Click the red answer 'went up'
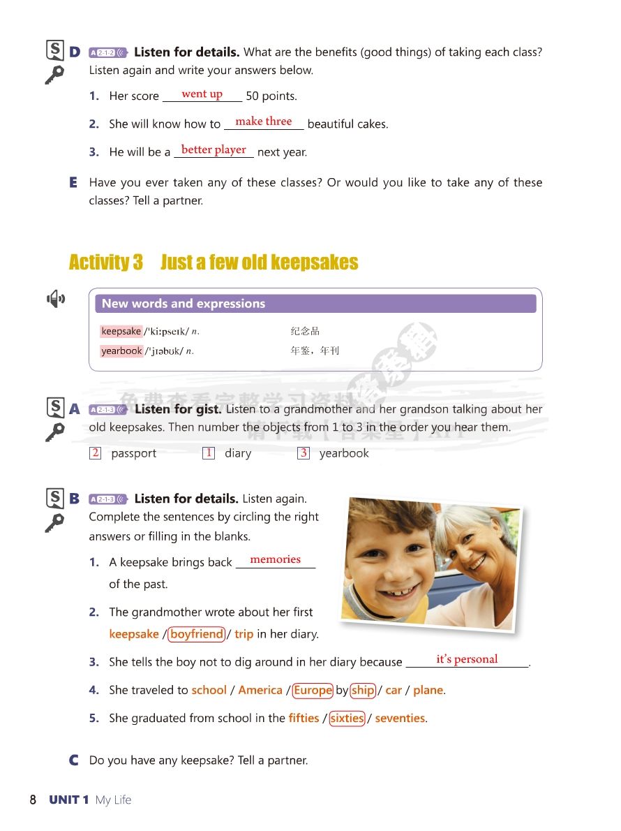(x=202, y=94)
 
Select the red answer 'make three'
(x=263, y=122)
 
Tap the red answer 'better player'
(x=214, y=149)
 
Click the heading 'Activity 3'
(x=105, y=263)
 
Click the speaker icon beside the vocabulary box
(x=56, y=300)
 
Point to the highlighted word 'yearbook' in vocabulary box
(x=121, y=351)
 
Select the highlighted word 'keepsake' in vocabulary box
(x=121, y=332)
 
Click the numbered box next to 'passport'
(x=96, y=453)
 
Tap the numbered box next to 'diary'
(x=209, y=453)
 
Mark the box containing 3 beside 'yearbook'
(x=304, y=453)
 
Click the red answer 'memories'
(x=275, y=559)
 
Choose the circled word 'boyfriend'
(x=197, y=634)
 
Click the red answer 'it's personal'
(x=467, y=659)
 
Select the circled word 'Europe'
(x=313, y=690)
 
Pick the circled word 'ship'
(x=363, y=690)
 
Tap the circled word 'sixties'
(x=347, y=718)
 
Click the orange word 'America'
(x=260, y=690)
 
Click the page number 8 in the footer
(x=33, y=800)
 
